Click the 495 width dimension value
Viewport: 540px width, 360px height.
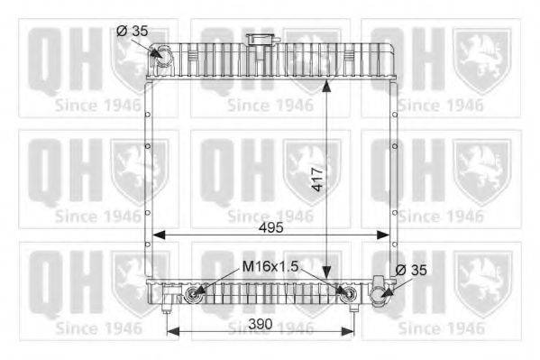[271, 227]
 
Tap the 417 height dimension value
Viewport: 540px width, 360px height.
[317, 180]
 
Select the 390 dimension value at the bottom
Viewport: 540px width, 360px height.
[261, 324]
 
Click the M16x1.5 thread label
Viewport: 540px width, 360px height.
[270, 266]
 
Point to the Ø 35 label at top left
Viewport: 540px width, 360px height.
[132, 31]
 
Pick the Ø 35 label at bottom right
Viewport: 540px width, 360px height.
[411, 270]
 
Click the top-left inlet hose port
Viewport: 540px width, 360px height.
[162, 56]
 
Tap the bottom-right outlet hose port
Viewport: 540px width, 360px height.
[380, 293]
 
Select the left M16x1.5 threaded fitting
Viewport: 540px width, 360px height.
[192, 293]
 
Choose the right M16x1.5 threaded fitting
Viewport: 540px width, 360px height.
[348, 293]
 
